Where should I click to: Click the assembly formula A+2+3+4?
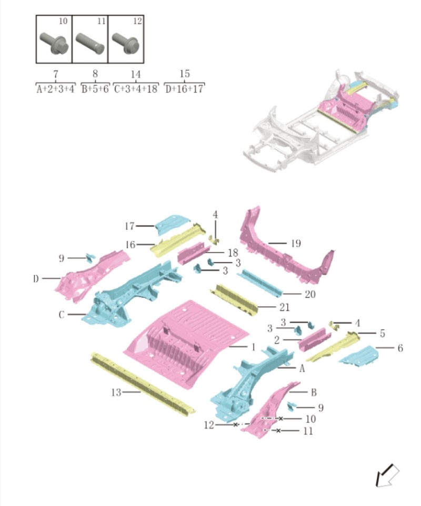pos(55,89)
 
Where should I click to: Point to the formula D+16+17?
pos(184,89)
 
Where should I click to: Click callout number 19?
pos(296,244)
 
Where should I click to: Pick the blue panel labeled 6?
pos(359,356)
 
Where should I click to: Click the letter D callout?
pos(36,278)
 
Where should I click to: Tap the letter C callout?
pos(62,315)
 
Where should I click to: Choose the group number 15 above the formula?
pos(184,74)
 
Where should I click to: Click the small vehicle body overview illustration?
pos(321,119)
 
